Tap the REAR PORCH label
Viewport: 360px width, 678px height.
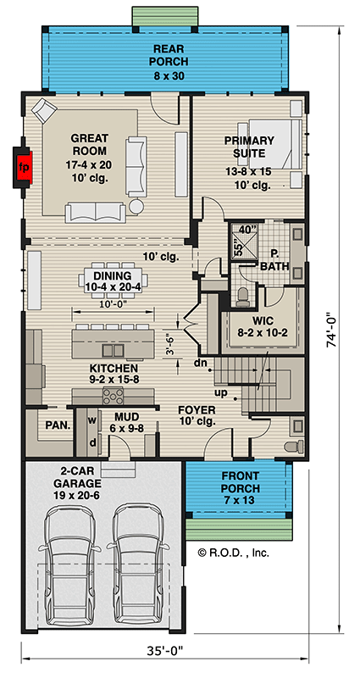pos(169,62)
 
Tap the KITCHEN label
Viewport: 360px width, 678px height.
pos(114,375)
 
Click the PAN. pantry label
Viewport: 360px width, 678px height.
pos(57,424)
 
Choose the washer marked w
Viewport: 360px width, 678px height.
pos(91,419)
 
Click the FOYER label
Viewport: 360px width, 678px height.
pos(196,416)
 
